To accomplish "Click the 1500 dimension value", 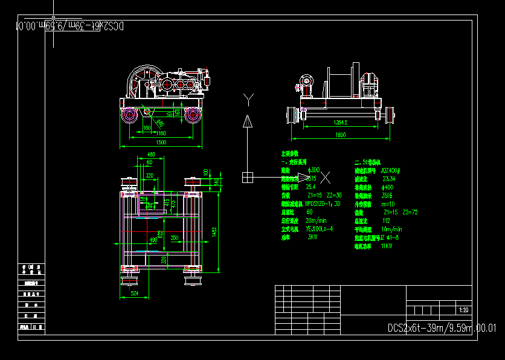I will [161, 142].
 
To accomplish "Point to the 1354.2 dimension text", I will [341, 123].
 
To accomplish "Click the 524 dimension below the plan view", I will [135, 294].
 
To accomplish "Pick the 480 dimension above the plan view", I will [151, 155].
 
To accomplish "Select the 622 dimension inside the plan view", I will [161, 233].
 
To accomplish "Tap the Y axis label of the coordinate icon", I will [248, 97].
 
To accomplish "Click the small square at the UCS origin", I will [248, 177].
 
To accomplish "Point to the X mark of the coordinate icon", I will [326, 177].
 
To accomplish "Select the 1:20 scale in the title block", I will [464, 310].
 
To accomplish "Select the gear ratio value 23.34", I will [389, 179].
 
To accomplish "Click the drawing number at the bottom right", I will [442, 328].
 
